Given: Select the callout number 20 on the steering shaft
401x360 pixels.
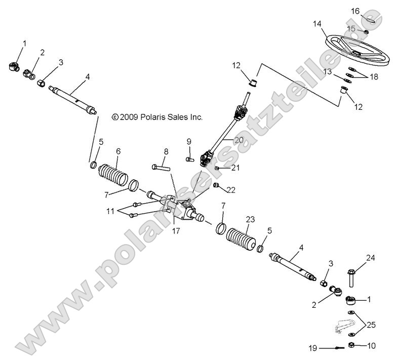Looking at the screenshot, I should coord(239,140).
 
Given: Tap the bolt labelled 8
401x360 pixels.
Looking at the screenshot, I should coord(161,166).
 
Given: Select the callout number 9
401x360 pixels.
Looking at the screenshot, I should coord(188,141).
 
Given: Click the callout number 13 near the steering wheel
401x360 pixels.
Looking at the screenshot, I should coord(328,72).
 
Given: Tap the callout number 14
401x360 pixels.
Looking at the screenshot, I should coord(317,23).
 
